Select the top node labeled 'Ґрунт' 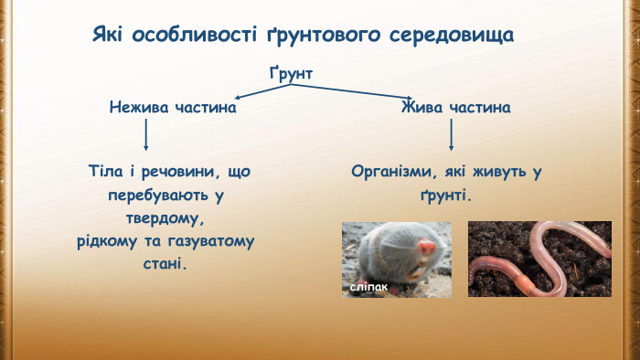click(x=291, y=71)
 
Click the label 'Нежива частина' click(x=173, y=108)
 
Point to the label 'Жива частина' click(x=455, y=108)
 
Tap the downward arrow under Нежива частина click(x=146, y=136)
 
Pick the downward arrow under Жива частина click(x=452, y=136)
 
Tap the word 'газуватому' click(x=206, y=242)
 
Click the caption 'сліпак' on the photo click(x=369, y=287)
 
